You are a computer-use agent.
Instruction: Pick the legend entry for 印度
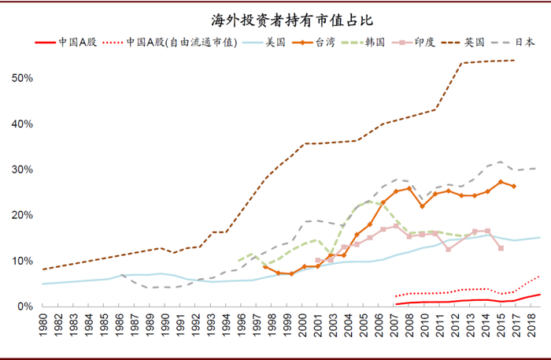click(423, 43)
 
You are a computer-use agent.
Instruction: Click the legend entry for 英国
click(475, 43)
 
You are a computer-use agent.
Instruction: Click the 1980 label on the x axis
click(43, 326)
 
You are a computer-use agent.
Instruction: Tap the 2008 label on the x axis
click(399, 326)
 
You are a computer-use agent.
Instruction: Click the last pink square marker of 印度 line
click(501, 248)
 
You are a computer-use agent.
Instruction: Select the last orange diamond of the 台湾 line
click(514, 187)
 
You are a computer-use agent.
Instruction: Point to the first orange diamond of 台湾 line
click(265, 267)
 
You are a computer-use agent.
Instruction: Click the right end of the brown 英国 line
click(515, 61)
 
